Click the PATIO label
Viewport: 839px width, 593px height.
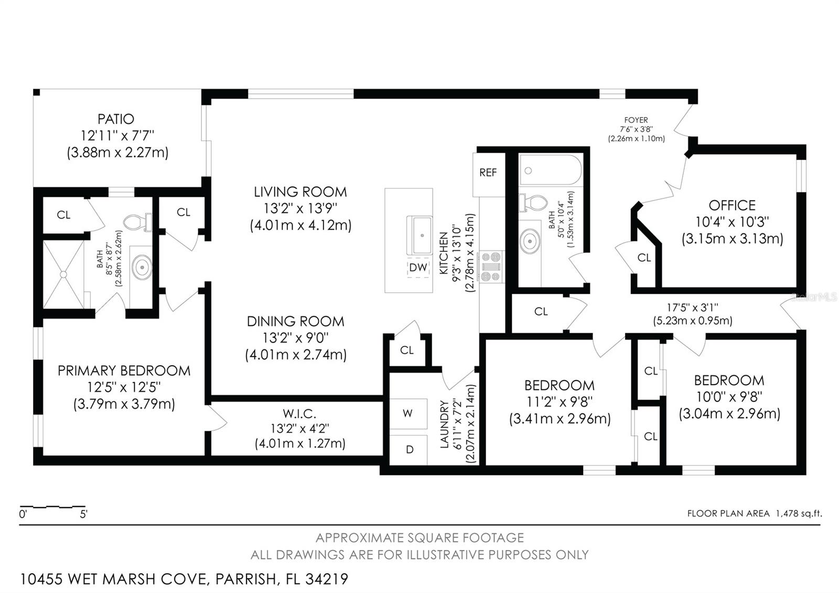pyautogui.click(x=116, y=119)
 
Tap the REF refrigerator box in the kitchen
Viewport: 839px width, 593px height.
pyautogui.click(x=489, y=175)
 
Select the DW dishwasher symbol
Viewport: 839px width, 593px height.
pyautogui.click(x=418, y=267)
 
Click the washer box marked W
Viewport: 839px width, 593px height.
pyautogui.click(x=408, y=414)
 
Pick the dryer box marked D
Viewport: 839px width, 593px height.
pyautogui.click(x=408, y=449)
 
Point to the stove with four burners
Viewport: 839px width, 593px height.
pyautogui.click(x=491, y=267)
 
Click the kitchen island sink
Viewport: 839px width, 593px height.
pyautogui.click(x=420, y=236)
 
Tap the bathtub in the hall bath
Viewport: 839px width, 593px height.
pyautogui.click(x=550, y=170)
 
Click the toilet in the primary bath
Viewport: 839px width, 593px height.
pyautogui.click(x=138, y=222)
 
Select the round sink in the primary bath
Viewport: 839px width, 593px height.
pyautogui.click(x=142, y=267)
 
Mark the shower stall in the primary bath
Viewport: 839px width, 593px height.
pyautogui.click(x=63, y=275)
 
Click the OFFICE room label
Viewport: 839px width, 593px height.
pyautogui.click(x=732, y=205)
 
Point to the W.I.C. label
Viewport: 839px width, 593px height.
pyautogui.click(x=299, y=414)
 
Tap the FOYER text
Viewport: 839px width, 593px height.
pyautogui.click(x=636, y=120)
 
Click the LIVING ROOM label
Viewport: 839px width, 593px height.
pyautogui.click(x=300, y=192)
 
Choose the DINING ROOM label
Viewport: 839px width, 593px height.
pyautogui.click(x=296, y=321)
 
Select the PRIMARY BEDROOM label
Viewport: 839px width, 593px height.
pyautogui.click(x=124, y=370)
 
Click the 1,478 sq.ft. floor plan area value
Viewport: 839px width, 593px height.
pyautogui.click(x=799, y=514)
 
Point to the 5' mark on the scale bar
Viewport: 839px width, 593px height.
pyautogui.click(x=83, y=514)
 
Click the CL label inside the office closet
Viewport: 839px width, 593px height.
pyautogui.click(x=644, y=258)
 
